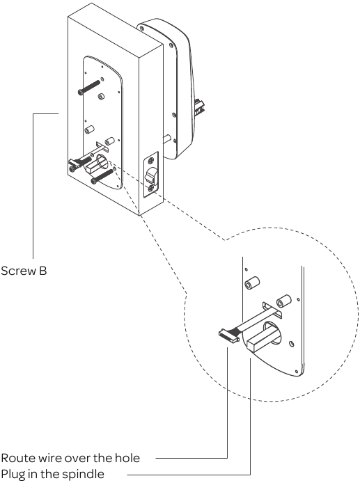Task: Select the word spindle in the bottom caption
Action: point(86,475)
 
